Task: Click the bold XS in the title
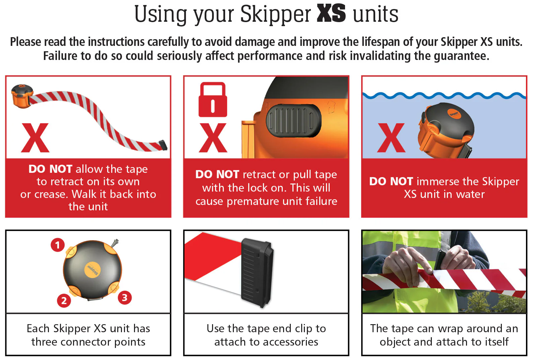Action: click(331, 14)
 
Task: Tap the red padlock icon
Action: click(213, 100)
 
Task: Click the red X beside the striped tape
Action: click(35, 138)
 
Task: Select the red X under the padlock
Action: click(213, 138)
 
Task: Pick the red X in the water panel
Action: click(391, 138)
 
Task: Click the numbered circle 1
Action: click(58, 245)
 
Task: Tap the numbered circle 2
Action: click(64, 300)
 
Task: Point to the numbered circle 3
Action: click(125, 297)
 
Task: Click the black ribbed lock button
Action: click(293, 121)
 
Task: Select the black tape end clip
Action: click(257, 273)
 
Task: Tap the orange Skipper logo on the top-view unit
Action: click(92, 271)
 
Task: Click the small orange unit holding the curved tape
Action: click(22, 96)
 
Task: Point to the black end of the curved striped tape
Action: click(163, 145)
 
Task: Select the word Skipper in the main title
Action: click(275, 15)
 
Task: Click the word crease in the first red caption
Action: click(50, 195)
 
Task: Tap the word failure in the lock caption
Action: click(321, 201)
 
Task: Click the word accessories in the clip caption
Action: click(290, 342)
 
